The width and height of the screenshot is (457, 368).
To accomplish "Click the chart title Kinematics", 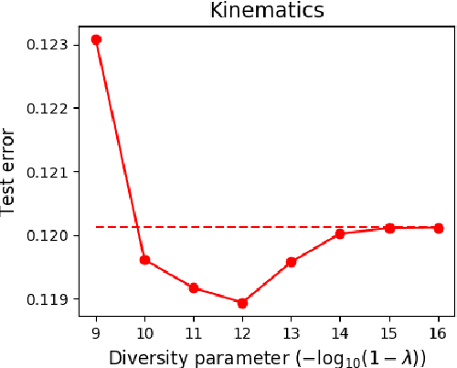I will (x=267, y=11).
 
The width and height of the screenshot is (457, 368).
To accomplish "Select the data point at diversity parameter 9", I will (x=96, y=39).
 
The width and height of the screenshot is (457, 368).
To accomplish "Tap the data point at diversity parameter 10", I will (x=144, y=260).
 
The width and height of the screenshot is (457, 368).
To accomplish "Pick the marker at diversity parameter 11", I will (x=194, y=287).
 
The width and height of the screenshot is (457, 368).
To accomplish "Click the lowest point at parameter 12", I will (x=242, y=303).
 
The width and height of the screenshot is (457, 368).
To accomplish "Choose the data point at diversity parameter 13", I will (x=292, y=262).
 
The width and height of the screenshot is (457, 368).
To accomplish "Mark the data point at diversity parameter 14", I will (x=340, y=233).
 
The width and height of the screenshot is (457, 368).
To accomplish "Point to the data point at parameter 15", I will (x=389, y=228).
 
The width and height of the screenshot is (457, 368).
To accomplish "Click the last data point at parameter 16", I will (x=438, y=228).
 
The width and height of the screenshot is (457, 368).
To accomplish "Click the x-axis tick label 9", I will (x=96, y=330).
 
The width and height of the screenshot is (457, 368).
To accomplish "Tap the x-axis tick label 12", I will (x=242, y=330).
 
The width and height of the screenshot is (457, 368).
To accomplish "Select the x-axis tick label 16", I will (x=438, y=330).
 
